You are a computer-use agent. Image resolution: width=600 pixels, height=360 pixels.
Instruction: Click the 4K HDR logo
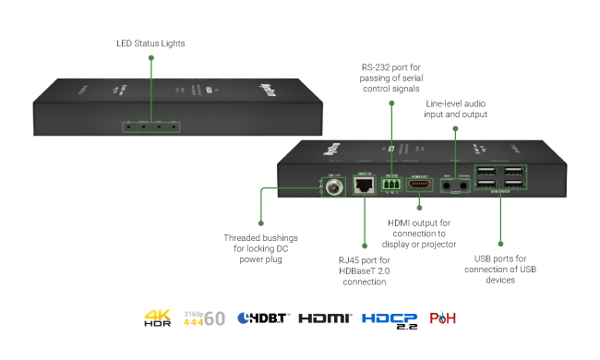tap(158, 318)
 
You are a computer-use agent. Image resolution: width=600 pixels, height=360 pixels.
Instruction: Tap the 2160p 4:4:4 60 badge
tap(204, 318)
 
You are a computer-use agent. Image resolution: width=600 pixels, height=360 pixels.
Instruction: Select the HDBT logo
tap(263, 318)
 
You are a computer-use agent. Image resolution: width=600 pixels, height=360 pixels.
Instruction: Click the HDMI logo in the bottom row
tap(325, 318)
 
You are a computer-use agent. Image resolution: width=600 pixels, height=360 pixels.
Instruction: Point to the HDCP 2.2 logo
tap(389, 318)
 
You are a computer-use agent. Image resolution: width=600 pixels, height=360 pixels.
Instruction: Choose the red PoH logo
tap(442, 318)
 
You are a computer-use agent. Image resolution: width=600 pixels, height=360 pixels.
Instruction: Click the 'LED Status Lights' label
tap(151, 43)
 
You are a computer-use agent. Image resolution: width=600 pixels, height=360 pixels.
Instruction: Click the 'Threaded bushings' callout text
tap(261, 248)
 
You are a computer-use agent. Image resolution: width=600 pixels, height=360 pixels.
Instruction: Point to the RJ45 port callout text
tap(366, 270)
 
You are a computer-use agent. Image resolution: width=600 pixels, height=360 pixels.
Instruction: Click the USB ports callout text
tap(499, 268)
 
